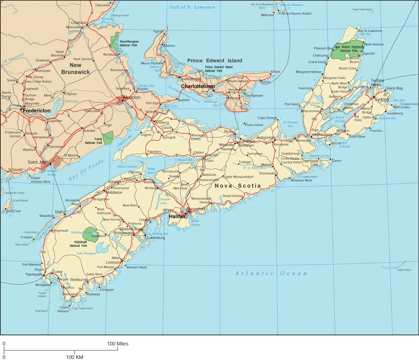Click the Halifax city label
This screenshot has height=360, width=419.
pos(177,216)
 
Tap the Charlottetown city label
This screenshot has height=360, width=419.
pos(198,86)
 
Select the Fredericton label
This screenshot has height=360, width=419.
pos(37,111)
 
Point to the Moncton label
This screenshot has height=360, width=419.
pos(132,98)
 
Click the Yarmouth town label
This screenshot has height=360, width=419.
pos(34,274)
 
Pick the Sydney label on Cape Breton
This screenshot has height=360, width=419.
pos(382,99)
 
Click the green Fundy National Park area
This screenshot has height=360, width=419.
pos(108,137)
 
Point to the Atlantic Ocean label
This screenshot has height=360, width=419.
pos(271,273)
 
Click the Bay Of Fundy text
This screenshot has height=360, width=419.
pos(86,170)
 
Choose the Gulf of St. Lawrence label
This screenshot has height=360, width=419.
pos(192,7)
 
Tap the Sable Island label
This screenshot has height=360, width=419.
pos(404,270)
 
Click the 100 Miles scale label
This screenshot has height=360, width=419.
pos(118,344)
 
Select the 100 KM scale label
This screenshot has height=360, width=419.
pos(75,357)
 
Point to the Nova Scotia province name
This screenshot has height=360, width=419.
pos(237,186)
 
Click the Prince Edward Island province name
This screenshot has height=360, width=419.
pos(215,61)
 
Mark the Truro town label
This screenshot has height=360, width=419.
pos(209,161)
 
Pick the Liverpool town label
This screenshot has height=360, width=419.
pos(113,262)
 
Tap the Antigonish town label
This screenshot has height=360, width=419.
pos(265,138)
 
